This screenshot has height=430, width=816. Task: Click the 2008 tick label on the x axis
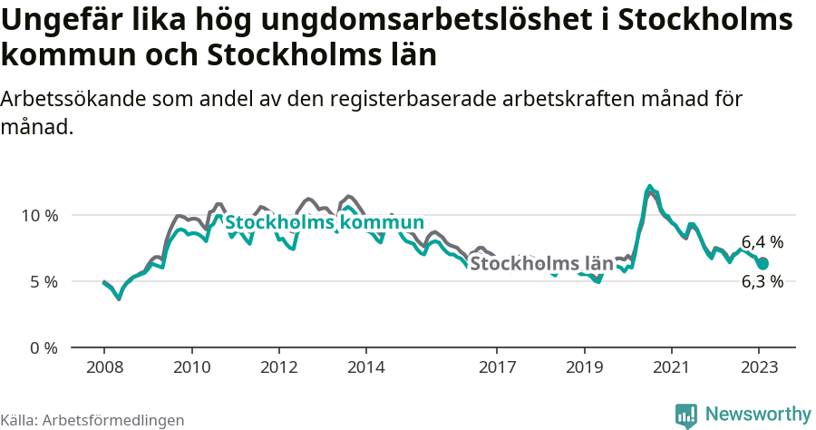104,367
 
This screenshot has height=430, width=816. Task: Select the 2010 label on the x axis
191,367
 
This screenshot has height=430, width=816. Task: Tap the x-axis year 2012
278,367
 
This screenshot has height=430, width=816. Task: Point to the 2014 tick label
365,367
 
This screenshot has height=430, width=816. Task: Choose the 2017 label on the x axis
497,367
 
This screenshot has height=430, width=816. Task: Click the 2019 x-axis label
584,367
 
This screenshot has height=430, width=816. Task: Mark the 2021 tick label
671,367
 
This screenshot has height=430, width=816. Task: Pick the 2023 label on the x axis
758,367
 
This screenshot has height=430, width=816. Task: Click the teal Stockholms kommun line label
324,223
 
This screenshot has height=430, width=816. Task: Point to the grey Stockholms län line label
541,264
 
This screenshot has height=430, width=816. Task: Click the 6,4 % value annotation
762,242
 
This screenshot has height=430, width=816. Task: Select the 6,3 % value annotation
762,281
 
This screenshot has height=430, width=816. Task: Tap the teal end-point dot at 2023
763,263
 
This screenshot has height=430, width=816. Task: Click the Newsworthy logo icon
686,415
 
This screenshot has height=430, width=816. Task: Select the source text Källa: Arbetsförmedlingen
92,420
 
